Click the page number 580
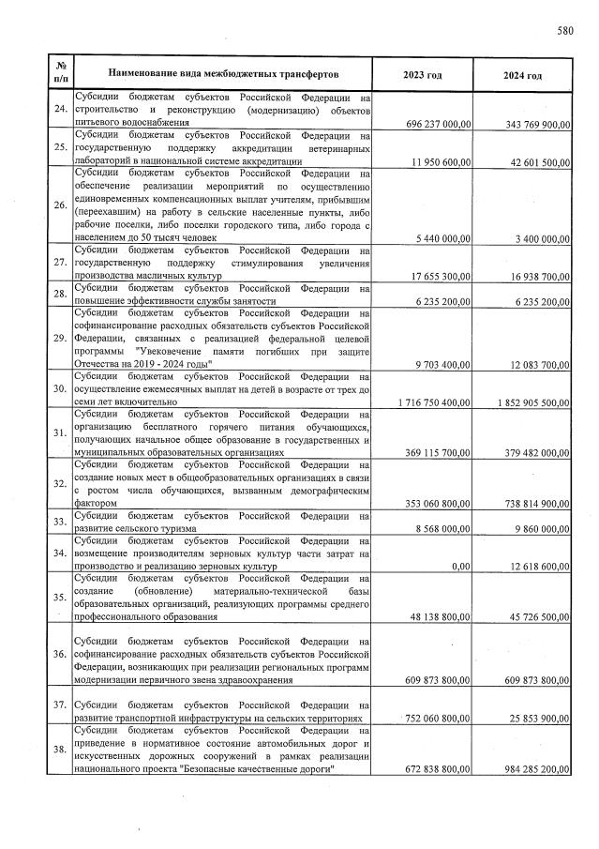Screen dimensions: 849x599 click(x=564, y=30)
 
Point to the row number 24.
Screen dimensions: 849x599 click(x=60, y=111)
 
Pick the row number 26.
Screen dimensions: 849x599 click(x=60, y=205)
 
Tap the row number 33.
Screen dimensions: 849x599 click(x=60, y=522)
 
